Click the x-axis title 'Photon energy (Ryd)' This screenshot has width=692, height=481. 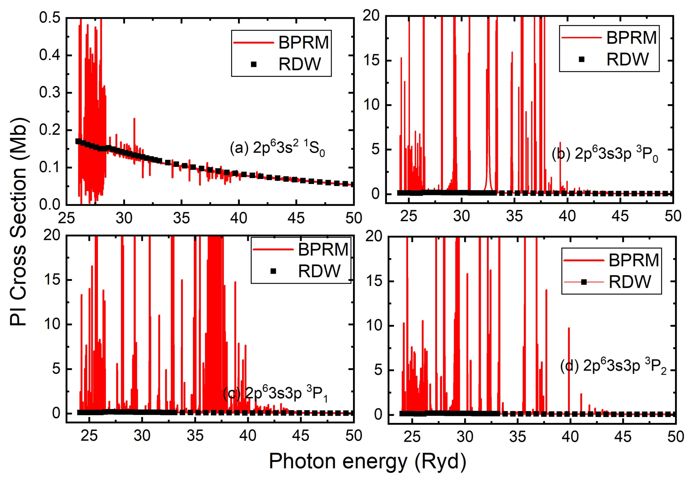[368, 462]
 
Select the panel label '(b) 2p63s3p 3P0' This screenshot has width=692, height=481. [605, 153]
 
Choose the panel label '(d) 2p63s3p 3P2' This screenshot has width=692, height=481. [613, 366]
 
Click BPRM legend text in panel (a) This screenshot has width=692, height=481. [304, 42]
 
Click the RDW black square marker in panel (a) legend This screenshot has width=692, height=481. [254, 64]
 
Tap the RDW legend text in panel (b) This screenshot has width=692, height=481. [627, 59]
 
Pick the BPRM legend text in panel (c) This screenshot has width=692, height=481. [323, 249]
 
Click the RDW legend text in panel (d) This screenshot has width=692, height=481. [629, 282]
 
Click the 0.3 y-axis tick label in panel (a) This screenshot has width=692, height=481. [50, 93]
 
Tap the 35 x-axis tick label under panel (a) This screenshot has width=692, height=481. [181, 218]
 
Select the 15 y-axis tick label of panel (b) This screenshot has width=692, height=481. [372, 61]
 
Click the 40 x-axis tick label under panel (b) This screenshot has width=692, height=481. [567, 216]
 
